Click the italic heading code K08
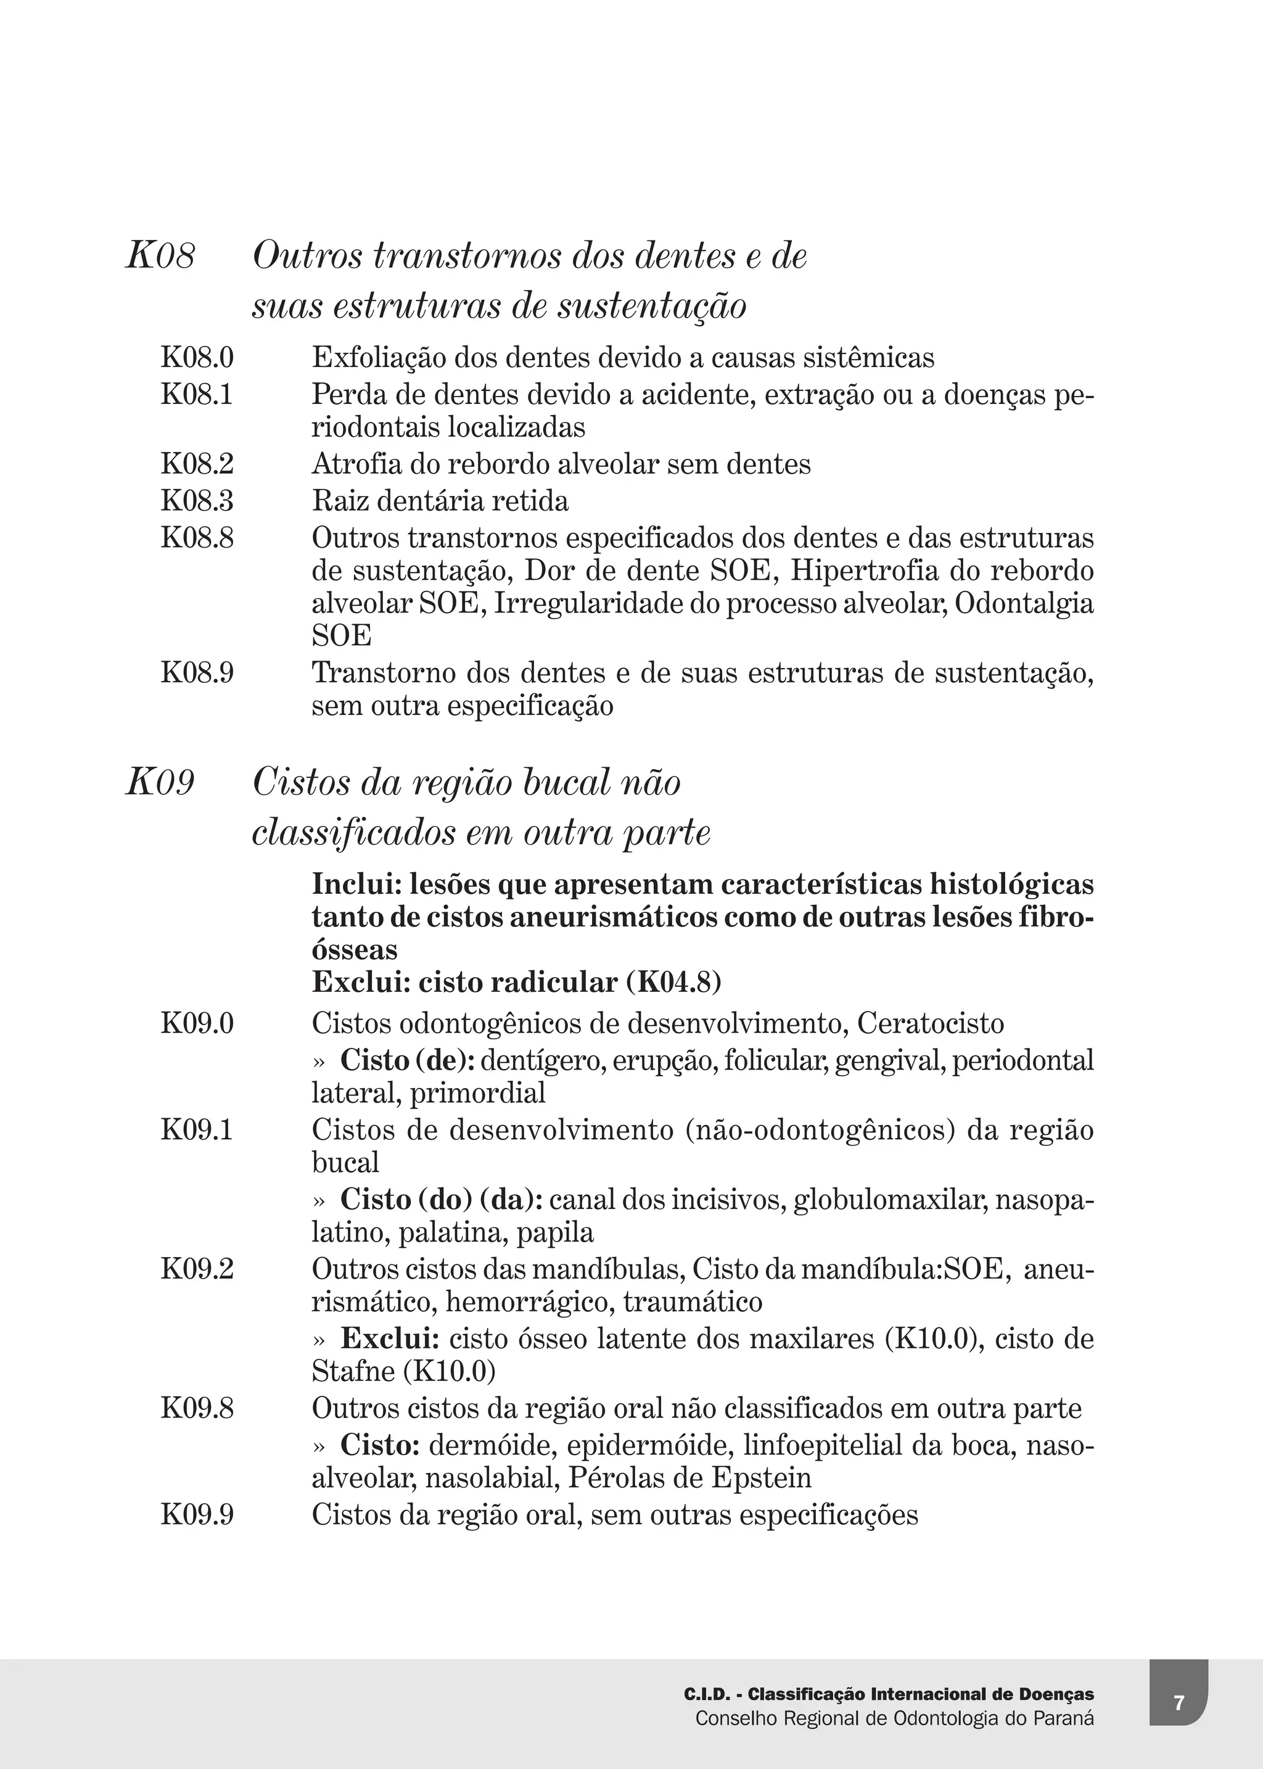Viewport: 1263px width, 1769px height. point(160,256)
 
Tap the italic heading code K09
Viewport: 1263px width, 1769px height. point(160,782)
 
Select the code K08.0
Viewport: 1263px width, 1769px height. point(197,358)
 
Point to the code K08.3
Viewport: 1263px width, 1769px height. point(197,501)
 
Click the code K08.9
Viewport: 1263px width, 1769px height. point(197,673)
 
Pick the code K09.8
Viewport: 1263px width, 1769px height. point(197,1408)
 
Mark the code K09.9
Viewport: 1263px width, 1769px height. point(197,1515)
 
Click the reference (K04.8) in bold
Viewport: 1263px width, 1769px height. point(674,983)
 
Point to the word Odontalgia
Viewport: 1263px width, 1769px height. point(1024,604)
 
